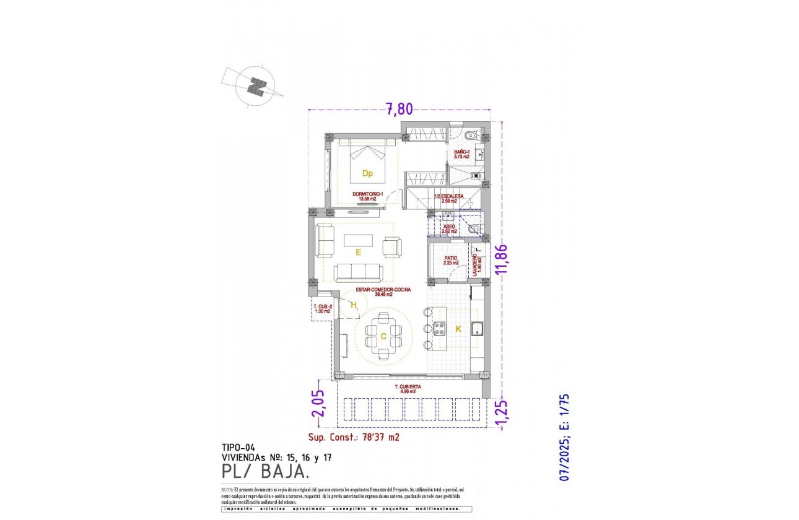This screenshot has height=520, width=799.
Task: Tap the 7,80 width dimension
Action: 399,109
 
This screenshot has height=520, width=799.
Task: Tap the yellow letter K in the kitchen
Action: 458,329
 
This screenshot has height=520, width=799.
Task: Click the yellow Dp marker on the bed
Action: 367,173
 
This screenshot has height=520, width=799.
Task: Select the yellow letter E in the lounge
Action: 358,252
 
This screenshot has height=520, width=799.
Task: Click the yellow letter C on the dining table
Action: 383,337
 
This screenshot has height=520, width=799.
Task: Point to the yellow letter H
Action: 354,304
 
